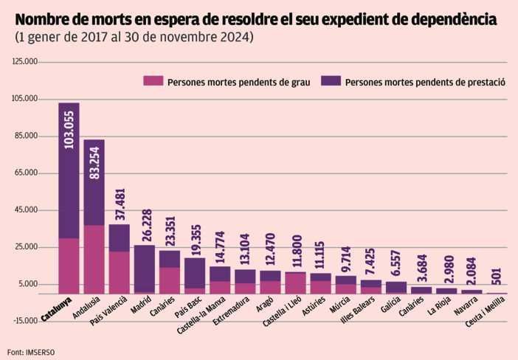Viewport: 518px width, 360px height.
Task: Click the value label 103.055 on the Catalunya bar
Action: pos(69,130)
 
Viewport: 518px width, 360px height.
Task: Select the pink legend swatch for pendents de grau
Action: pos(153,80)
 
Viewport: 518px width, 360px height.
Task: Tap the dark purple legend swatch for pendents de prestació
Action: pos(331,80)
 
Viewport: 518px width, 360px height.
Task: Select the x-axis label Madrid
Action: pos(140,305)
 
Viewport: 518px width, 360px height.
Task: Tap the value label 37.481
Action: pos(120,204)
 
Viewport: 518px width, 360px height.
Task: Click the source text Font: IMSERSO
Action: pos(25,351)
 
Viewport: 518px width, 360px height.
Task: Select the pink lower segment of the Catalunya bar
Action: pos(69,266)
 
